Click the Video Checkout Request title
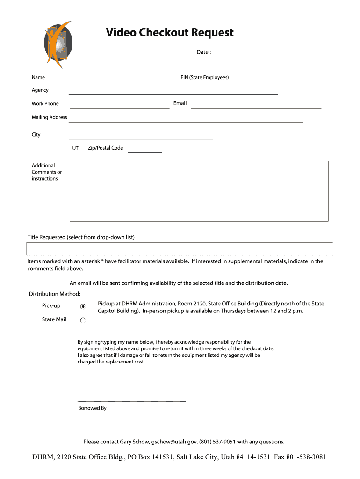[x=169, y=33]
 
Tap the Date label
[x=203, y=52]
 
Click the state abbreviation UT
[x=75, y=148]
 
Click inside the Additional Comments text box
[x=199, y=191]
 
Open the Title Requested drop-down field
[x=180, y=249]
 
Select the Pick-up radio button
[x=83, y=306]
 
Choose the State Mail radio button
[x=83, y=320]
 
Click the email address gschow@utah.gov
[x=174, y=442]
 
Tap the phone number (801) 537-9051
[x=217, y=442]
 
